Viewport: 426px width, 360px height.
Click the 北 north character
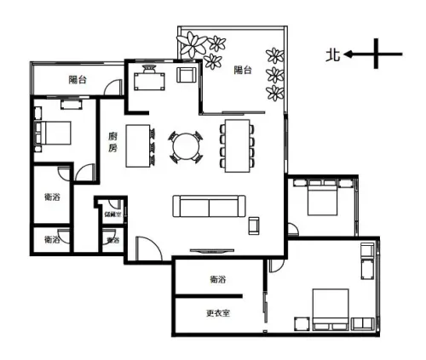(333, 55)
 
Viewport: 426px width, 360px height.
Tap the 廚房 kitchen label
(112, 142)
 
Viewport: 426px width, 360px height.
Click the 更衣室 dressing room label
(218, 312)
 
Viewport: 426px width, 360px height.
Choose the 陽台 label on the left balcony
(79, 80)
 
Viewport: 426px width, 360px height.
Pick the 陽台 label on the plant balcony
(245, 71)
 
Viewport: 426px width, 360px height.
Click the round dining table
(185, 146)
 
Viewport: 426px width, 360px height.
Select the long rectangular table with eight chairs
(236, 146)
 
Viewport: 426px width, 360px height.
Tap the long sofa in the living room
(209, 207)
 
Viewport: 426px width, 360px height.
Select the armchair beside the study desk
(186, 75)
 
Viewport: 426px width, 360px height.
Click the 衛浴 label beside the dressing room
(217, 280)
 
